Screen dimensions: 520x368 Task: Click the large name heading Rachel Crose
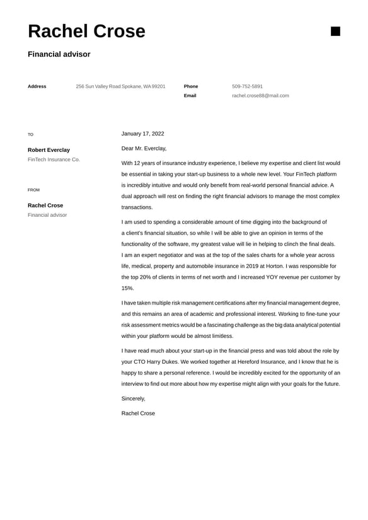tap(86, 32)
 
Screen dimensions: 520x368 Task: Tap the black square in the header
tap(335, 32)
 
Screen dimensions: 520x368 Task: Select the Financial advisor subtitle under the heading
tap(59, 54)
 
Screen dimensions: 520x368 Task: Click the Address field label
tap(37, 86)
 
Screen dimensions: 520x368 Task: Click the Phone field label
tap(191, 86)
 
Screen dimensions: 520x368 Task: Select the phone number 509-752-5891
tap(248, 86)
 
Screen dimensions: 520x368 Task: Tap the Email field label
tap(190, 96)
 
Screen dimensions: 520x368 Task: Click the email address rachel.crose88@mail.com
tap(260, 96)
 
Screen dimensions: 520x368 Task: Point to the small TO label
tap(31, 134)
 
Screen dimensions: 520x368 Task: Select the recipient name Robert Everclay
tap(49, 150)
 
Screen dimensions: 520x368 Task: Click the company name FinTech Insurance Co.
tap(54, 159)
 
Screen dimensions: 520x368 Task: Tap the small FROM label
tap(33, 190)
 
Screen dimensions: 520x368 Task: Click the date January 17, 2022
tap(142, 134)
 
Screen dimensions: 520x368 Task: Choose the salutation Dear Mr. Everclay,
tap(144, 149)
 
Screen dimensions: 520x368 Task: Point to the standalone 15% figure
tap(128, 288)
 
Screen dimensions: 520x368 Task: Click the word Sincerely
tap(133, 398)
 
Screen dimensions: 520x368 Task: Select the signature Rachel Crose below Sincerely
tap(138, 413)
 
